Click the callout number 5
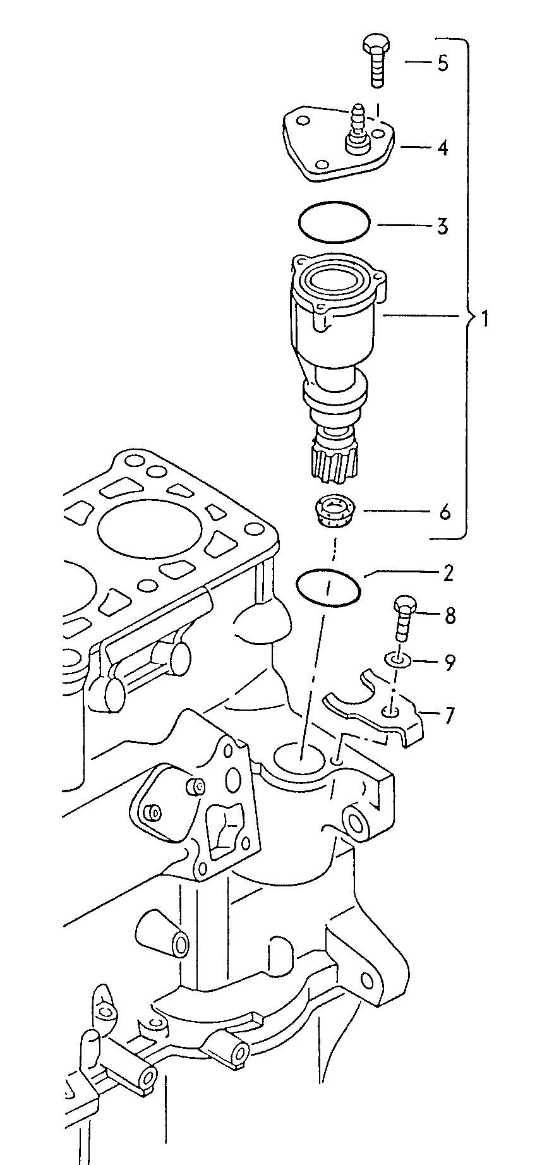pos(443,63)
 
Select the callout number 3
pos(443,226)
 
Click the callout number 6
pos(445,512)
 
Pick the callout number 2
pos(447,574)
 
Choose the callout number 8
pos(450,615)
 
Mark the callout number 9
pos(450,662)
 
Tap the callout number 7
pos(449,716)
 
